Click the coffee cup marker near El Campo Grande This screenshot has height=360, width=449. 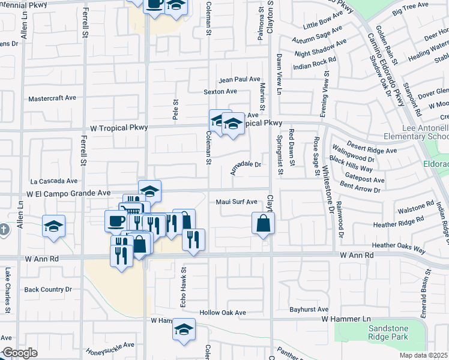(x=116, y=220)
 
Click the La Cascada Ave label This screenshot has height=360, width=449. (x=54, y=180)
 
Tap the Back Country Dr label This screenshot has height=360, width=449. (x=48, y=289)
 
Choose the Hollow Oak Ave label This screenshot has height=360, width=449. (x=223, y=313)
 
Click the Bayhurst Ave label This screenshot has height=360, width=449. (x=308, y=310)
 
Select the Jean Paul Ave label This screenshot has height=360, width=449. (x=240, y=79)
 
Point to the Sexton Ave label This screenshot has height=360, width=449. (x=220, y=92)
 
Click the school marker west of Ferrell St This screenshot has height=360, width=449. (x=53, y=227)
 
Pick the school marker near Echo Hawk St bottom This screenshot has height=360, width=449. (x=184, y=329)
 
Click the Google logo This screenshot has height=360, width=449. (x=19, y=353)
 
